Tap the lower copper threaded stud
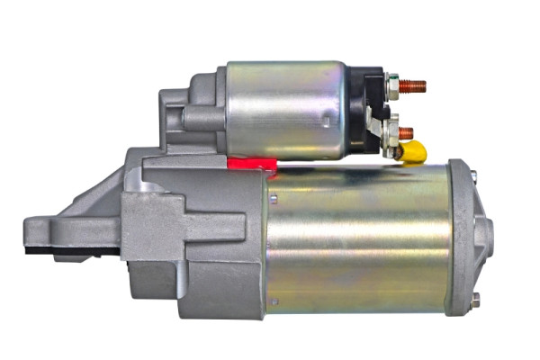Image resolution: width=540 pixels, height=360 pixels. (x=407, y=132)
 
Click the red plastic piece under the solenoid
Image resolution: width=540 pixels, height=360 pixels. (x=251, y=163)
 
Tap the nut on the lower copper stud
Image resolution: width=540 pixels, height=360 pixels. (x=393, y=133)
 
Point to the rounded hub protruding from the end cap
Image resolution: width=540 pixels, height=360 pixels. (x=485, y=236)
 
